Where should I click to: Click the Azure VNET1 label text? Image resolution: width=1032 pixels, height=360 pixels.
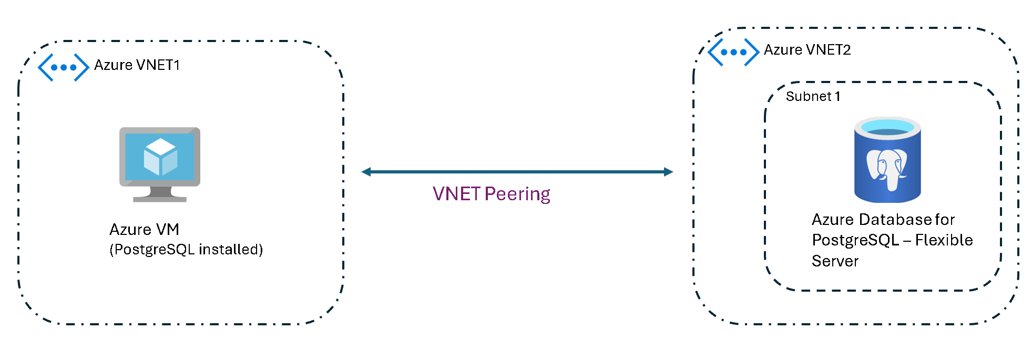137,65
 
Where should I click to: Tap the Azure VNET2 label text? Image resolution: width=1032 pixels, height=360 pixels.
807,50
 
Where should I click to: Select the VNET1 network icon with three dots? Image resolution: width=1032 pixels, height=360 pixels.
64,67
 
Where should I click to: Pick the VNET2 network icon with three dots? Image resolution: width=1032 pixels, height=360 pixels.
733,52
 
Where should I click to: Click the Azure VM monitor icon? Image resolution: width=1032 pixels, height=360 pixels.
160,164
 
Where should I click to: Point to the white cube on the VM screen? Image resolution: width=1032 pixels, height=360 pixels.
160,157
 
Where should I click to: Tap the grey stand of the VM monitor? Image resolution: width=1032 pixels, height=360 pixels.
160,194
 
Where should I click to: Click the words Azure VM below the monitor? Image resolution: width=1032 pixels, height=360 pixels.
145,230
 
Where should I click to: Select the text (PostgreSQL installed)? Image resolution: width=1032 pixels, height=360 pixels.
186,249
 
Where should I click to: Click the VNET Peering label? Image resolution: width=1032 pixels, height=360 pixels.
492,194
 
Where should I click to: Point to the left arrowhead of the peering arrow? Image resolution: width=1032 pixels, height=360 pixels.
366,172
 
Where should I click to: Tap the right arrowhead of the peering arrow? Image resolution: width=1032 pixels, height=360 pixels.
669,172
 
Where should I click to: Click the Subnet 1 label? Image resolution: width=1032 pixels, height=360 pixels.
813,97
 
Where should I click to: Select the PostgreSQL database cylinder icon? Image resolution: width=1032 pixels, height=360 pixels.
887,160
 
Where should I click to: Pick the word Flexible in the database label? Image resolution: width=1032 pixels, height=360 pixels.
944,240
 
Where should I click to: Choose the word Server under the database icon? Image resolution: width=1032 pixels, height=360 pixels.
835,261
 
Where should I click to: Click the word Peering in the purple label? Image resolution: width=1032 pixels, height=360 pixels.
517,194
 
